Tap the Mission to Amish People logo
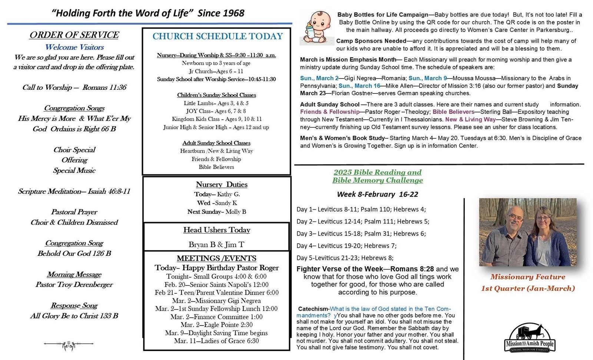(x=530, y=338)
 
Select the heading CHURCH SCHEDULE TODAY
(x=218, y=36)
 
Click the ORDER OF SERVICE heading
(x=74, y=35)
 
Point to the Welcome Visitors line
(x=74, y=47)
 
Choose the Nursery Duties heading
(x=222, y=184)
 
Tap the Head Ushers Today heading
(x=217, y=230)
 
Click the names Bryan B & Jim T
(x=216, y=244)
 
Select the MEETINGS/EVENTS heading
(x=216, y=258)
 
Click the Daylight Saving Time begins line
(x=216, y=333)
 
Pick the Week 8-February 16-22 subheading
(x=377, y=194)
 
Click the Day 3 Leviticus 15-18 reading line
(x=361, y=234)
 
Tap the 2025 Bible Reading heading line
(x=377, y=172)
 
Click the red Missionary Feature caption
(x=528, y=277)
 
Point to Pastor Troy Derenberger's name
(x=74, y=284)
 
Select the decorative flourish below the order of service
(x=69, y=345)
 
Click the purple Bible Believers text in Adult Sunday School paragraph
(x=453, y=112)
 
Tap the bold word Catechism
(x=313, y=309)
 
